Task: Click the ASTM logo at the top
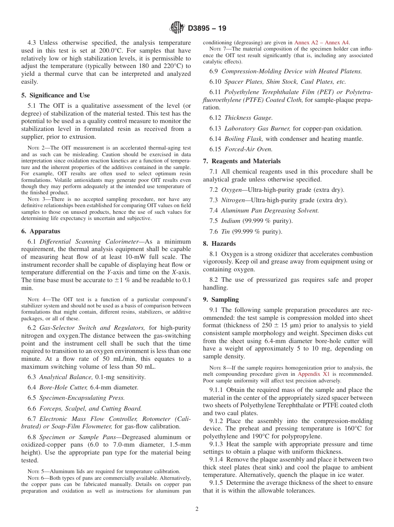point(177,28)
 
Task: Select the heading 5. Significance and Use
point(55,95)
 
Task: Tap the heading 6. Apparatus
point(41,231)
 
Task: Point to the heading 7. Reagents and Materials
point(242,161)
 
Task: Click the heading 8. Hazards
point(219,244)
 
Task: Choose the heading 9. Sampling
point(221,300)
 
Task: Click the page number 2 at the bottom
point(197,509)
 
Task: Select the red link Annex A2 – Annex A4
point(321,42)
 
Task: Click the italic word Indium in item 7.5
point(231,221)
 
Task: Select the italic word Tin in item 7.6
point(226,232)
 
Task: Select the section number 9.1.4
point(218,459)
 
